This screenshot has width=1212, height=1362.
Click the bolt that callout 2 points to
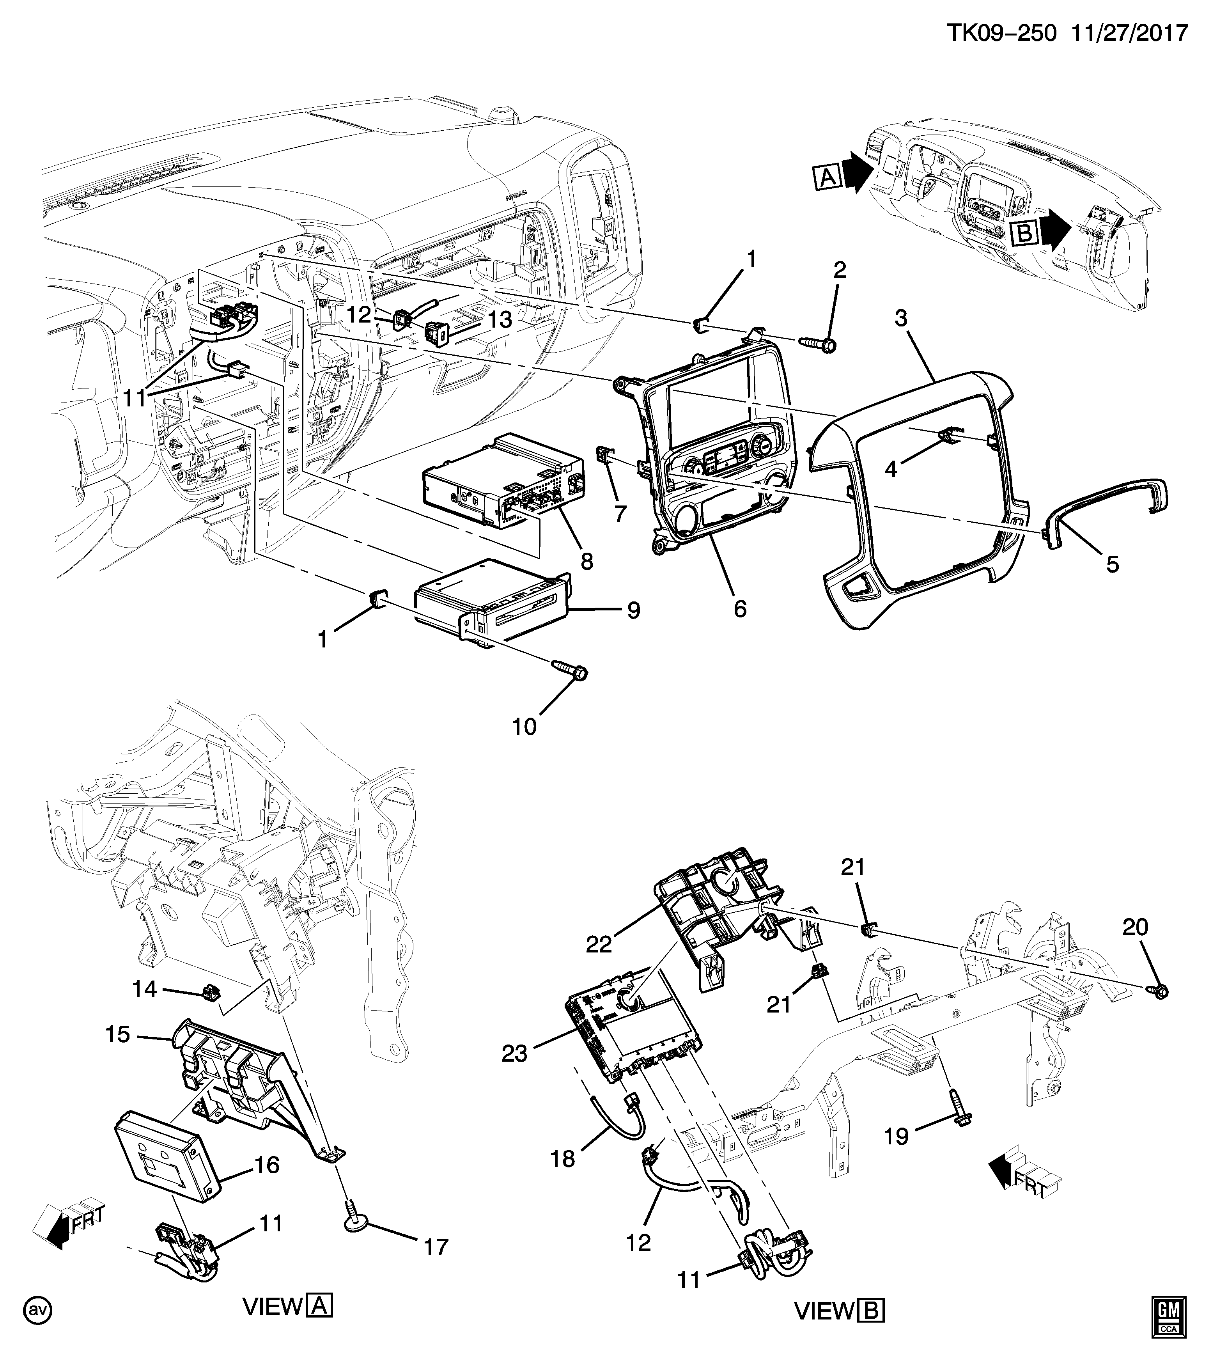point(818,344)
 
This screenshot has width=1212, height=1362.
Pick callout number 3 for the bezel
point(901,319)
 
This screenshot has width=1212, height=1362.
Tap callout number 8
point(587,561)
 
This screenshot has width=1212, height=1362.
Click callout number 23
point(514,1053)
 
